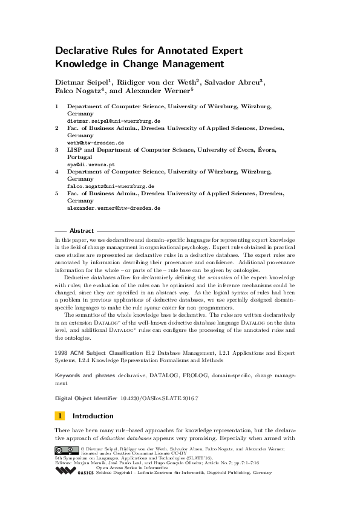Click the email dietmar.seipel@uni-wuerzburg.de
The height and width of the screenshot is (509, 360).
tap(113, 121)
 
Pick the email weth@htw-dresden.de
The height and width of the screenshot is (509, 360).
tap(95, 143)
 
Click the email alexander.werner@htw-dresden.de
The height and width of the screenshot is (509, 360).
tap(113, 208)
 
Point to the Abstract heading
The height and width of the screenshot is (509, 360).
tap(82, 231)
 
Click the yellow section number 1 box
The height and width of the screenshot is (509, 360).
tap(60, 416)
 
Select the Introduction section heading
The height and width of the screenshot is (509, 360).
tap(93, 416)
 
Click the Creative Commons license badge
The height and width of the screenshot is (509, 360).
tap(67, 450)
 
